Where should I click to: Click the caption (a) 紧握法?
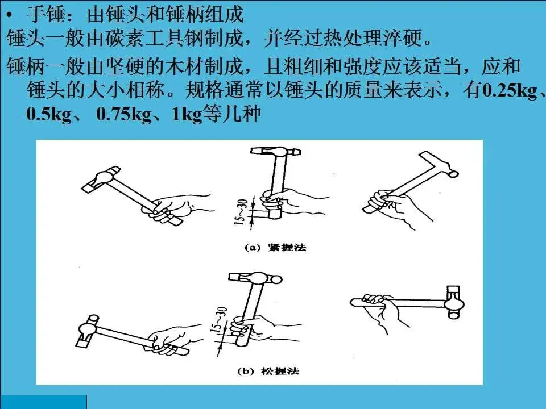click(x=275, y=247)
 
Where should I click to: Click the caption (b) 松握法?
click(x=268, y=371)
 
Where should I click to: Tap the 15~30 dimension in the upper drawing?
click(x=241, y=211)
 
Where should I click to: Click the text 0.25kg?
click(x=511, y=90)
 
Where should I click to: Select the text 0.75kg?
click(x=124, y=114)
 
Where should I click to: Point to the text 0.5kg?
click(x=49, y=114)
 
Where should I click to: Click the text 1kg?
click(x=187, y=114)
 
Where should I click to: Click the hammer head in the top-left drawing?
click(x=101, y=180)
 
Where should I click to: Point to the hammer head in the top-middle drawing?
click(x=275, y=151)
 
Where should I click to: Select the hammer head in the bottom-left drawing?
click(x=87, y=331)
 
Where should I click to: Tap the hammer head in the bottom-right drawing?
click(x=454, y=302)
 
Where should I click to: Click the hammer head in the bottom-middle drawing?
click(x=255, y=278)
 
